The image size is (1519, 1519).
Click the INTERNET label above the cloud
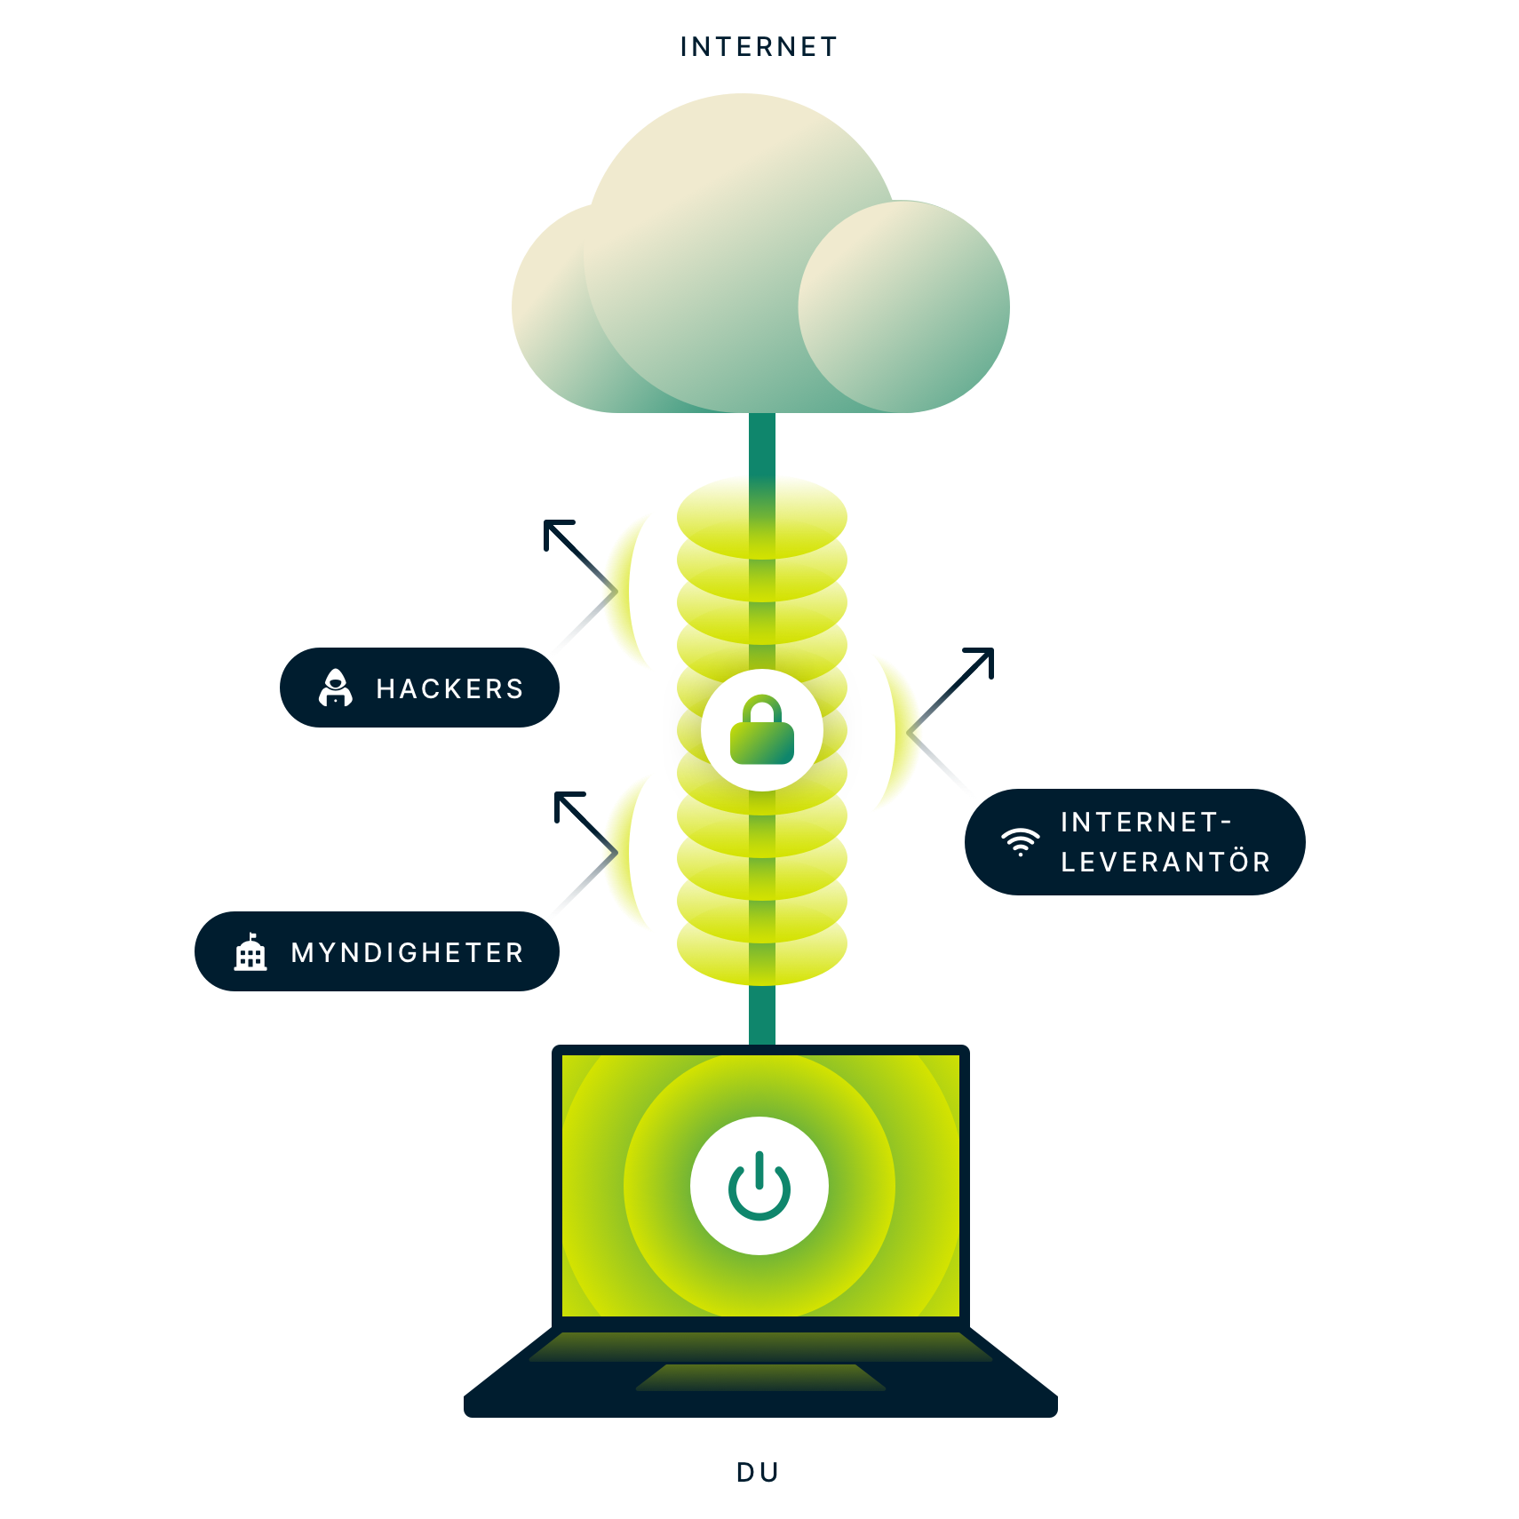click(x=759, y=47)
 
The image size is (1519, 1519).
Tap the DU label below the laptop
click(x=758, y=1473)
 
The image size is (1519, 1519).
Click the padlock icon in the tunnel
click(x=761, y=731)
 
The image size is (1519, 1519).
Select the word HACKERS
click(x=449, y=688)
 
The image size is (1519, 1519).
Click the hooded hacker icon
click(x=336, y=688)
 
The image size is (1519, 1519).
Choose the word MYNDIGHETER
click(x=408, y=952)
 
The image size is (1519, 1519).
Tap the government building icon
click(x=251, y=952)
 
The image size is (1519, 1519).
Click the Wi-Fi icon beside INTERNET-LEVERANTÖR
click(x=1021, y=841)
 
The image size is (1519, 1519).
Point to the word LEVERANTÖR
click(x=1165, y=862)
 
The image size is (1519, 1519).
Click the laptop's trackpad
click(x=760, y=1377)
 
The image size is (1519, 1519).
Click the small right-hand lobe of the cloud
click(x=903, y=306)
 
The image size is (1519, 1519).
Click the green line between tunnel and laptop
click(x=761, y=1014)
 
